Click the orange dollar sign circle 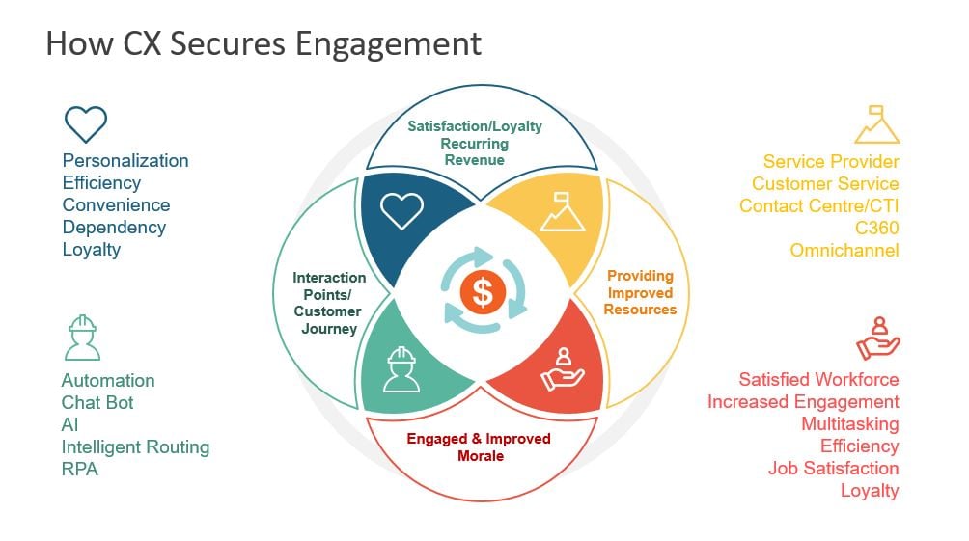tap(483, 292)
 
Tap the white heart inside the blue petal tap(401, 210)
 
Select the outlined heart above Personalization tap(86, 124)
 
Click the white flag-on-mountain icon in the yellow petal tap(562, 211)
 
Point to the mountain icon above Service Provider tap(877, 124)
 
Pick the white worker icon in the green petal tap(401, 369)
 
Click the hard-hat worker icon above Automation tap(82, 338)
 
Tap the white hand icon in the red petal tap(563, 368)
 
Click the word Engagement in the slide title tap(388, 44)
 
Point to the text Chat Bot tap(97, 403)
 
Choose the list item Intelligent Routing tap(135, 447)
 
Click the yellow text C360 tap(877, 228)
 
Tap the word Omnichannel tap(844, 250)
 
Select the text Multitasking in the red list tap(849, 424)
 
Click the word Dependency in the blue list tap(114, 228)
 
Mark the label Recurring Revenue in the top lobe tap(475, 152)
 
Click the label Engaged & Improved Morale tap(479, 447)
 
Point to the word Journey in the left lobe tap(329, 329)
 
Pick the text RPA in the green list tap(80, 470)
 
